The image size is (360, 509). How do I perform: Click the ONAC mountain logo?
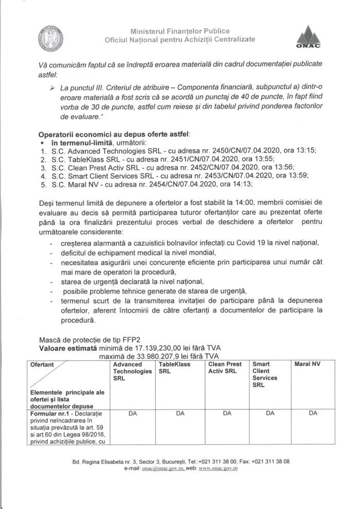pos(309,38)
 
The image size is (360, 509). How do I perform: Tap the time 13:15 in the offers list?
pos(307,151)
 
